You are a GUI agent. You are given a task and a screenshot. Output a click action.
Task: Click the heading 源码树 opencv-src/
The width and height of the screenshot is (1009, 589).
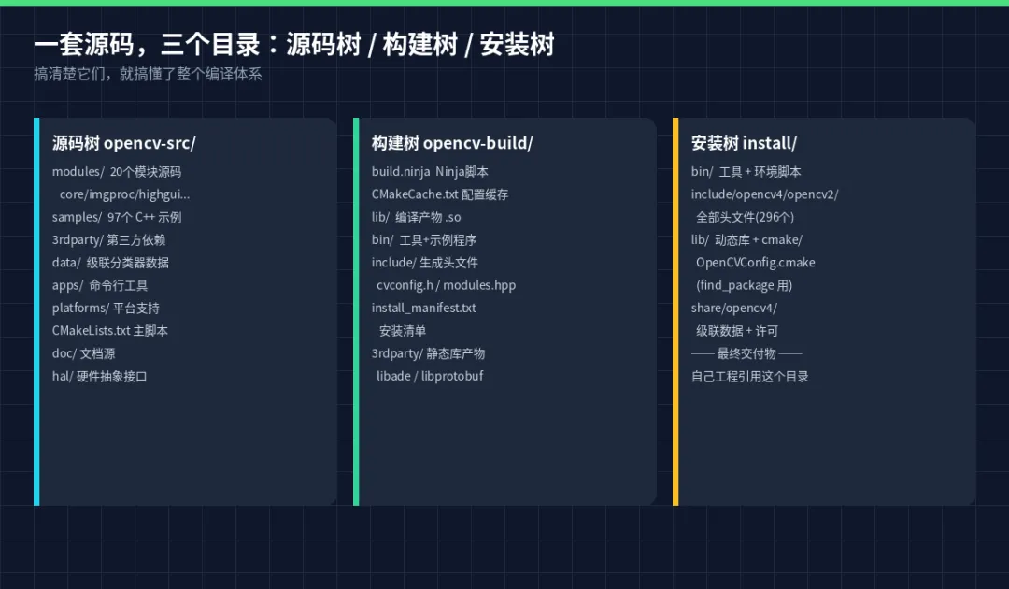tap(123, 143)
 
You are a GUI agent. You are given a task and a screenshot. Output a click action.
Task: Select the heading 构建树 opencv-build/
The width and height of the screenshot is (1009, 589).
tap(452, 143)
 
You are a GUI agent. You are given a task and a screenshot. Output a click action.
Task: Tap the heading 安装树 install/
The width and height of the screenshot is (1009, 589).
tap(744, 143)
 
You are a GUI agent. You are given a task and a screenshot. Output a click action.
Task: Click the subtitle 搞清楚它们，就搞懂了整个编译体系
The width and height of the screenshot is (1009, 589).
tap(148, 74)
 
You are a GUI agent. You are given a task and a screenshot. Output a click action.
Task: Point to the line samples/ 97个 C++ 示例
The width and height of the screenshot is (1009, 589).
tap(117, 218)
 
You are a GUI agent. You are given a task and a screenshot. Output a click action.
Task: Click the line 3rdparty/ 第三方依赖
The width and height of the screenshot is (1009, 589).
tap(108, 240)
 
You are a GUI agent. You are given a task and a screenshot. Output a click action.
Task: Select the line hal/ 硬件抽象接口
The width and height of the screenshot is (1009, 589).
tap(100, 377)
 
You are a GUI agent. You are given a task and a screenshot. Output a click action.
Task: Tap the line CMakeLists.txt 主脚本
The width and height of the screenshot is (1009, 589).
tap(110, 331)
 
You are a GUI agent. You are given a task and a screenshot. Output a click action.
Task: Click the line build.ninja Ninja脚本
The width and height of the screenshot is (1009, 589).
tap(430, 172)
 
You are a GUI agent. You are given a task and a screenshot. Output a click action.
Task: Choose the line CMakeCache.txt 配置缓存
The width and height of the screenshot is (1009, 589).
tap(439, 194)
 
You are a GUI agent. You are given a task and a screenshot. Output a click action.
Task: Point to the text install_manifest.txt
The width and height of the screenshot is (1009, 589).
tap(423, 309)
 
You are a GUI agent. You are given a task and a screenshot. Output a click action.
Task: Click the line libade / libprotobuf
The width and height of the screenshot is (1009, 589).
tap(430, 377)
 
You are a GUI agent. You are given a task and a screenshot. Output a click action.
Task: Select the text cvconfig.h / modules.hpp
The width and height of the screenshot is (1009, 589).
tap(446, 285)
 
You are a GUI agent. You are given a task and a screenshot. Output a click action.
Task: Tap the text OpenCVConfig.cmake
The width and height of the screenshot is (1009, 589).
tap(756, 263)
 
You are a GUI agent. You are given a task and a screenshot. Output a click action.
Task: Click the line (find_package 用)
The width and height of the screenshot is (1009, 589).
tap(744, 285)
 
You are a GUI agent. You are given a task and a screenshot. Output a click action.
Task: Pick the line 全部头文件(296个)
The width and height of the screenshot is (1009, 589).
tap(746, 218)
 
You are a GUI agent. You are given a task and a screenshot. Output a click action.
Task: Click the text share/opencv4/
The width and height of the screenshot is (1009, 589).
tap(734, 309)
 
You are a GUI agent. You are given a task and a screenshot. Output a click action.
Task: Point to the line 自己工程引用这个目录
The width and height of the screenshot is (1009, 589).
tap(749, 377)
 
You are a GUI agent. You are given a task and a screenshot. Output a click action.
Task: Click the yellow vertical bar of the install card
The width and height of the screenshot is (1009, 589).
tap(675, 311)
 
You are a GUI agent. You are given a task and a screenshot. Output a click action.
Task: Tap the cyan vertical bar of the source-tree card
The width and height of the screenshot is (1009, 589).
tap(36, 311)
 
